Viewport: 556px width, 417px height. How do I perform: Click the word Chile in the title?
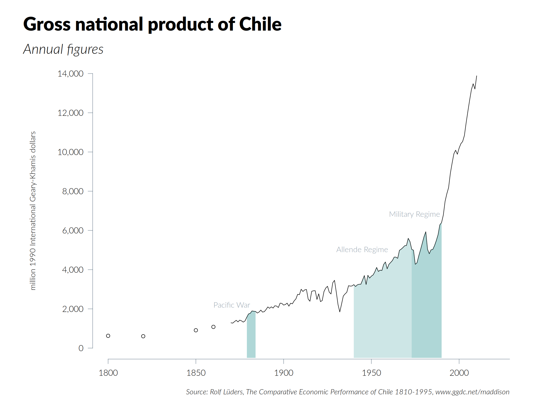pyautogui.click(x=260, y=24)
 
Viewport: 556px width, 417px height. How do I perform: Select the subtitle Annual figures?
pyautogui.click(x=63, y=49)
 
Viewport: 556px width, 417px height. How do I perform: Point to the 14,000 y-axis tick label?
pyautogui.click(x=70, y=74)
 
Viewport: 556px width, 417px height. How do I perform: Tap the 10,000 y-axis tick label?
pyautogui.click(x=70, y=152)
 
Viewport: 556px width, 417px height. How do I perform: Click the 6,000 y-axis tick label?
pyautogui.click(x=73, y=230)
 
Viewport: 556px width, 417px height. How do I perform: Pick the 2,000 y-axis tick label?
pyautogui.click(x=73, y=309)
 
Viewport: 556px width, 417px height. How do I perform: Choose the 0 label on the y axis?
pyautogui.click(x=81, y=348)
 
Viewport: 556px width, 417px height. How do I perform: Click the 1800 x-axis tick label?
pyautogui.click(x=108, y=373)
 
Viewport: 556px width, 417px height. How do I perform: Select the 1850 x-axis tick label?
pyautogui.click(x=196, y=373)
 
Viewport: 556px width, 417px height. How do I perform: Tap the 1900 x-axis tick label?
pyautogui.click(x=284, y=373)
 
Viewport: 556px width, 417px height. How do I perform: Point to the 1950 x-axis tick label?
pyautogui.click(x=371, y=373)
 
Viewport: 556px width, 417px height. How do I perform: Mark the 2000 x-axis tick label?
pyautogui.click(x=459, y=373)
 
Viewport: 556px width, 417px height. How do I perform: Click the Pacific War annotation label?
pyautogui.click(x=231, y=305)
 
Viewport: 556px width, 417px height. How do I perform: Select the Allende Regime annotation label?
pyautogui.click(x=362, y=250)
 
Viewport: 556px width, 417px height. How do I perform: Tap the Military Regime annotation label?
pyautogui.click(x=414, y=214)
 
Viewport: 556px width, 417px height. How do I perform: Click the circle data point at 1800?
pyautogui.click(x=108, y=336)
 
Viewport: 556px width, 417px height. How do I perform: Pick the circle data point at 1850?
pyautogui.click(x=196, y=330)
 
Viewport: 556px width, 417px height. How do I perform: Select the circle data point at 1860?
pyautogui.click(x=213, y=327)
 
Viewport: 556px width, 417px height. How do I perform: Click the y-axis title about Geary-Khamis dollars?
pyautogui.click(x=33, y=211)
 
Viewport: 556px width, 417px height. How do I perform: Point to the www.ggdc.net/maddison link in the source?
pyautogui.click(x=472, y=392)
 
